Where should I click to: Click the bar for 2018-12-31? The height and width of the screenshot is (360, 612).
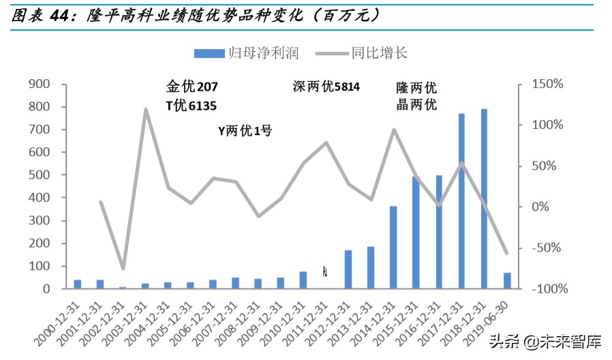pyautogui.click(x=484, y=198)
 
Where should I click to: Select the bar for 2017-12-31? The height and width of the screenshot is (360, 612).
pyautogui.click(x=461, y=200)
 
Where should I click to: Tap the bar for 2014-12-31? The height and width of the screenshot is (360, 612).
pyautogui.click(x=393, y=247)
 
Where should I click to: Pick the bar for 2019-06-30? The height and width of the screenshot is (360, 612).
pyautogui.click(x=507, y=280)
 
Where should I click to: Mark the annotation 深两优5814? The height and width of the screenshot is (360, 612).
pyautogui.click(x=326, y=87)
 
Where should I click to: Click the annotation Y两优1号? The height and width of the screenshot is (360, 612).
pyautogui.click(x=245, y=130)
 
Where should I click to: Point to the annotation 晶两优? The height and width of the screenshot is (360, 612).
pyautogui.click(x=416, y=105)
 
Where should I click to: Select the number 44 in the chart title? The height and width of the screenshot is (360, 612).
pyautogui.click(x=62, y=15)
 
